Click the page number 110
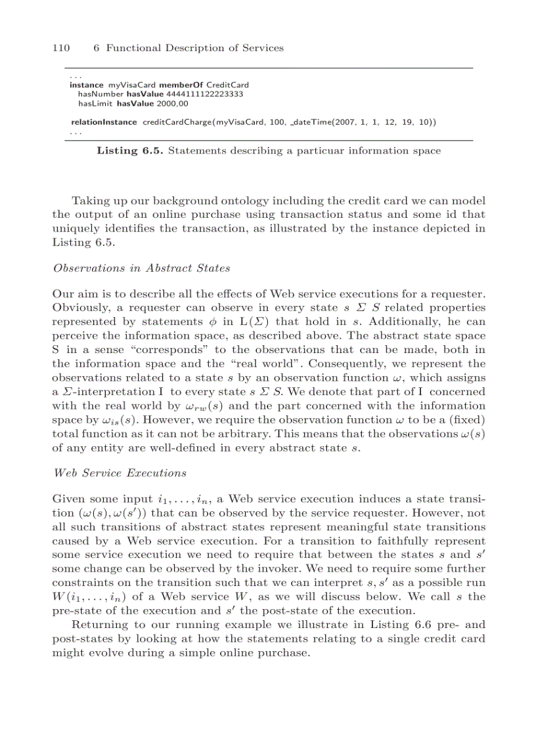coord(61,48)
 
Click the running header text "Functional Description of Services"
coord(195,48)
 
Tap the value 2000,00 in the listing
coord(173,103)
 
